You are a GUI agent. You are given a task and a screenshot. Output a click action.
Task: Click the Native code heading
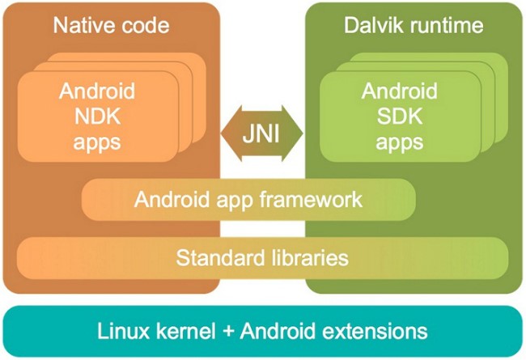point(111,26)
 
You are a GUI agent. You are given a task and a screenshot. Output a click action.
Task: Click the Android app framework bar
point(248,199)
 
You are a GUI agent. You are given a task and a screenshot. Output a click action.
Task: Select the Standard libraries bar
point(263,258)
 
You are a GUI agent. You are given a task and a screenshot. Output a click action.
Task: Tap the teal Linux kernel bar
point(263,331)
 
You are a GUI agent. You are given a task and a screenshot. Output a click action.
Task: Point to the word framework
point(317,199)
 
